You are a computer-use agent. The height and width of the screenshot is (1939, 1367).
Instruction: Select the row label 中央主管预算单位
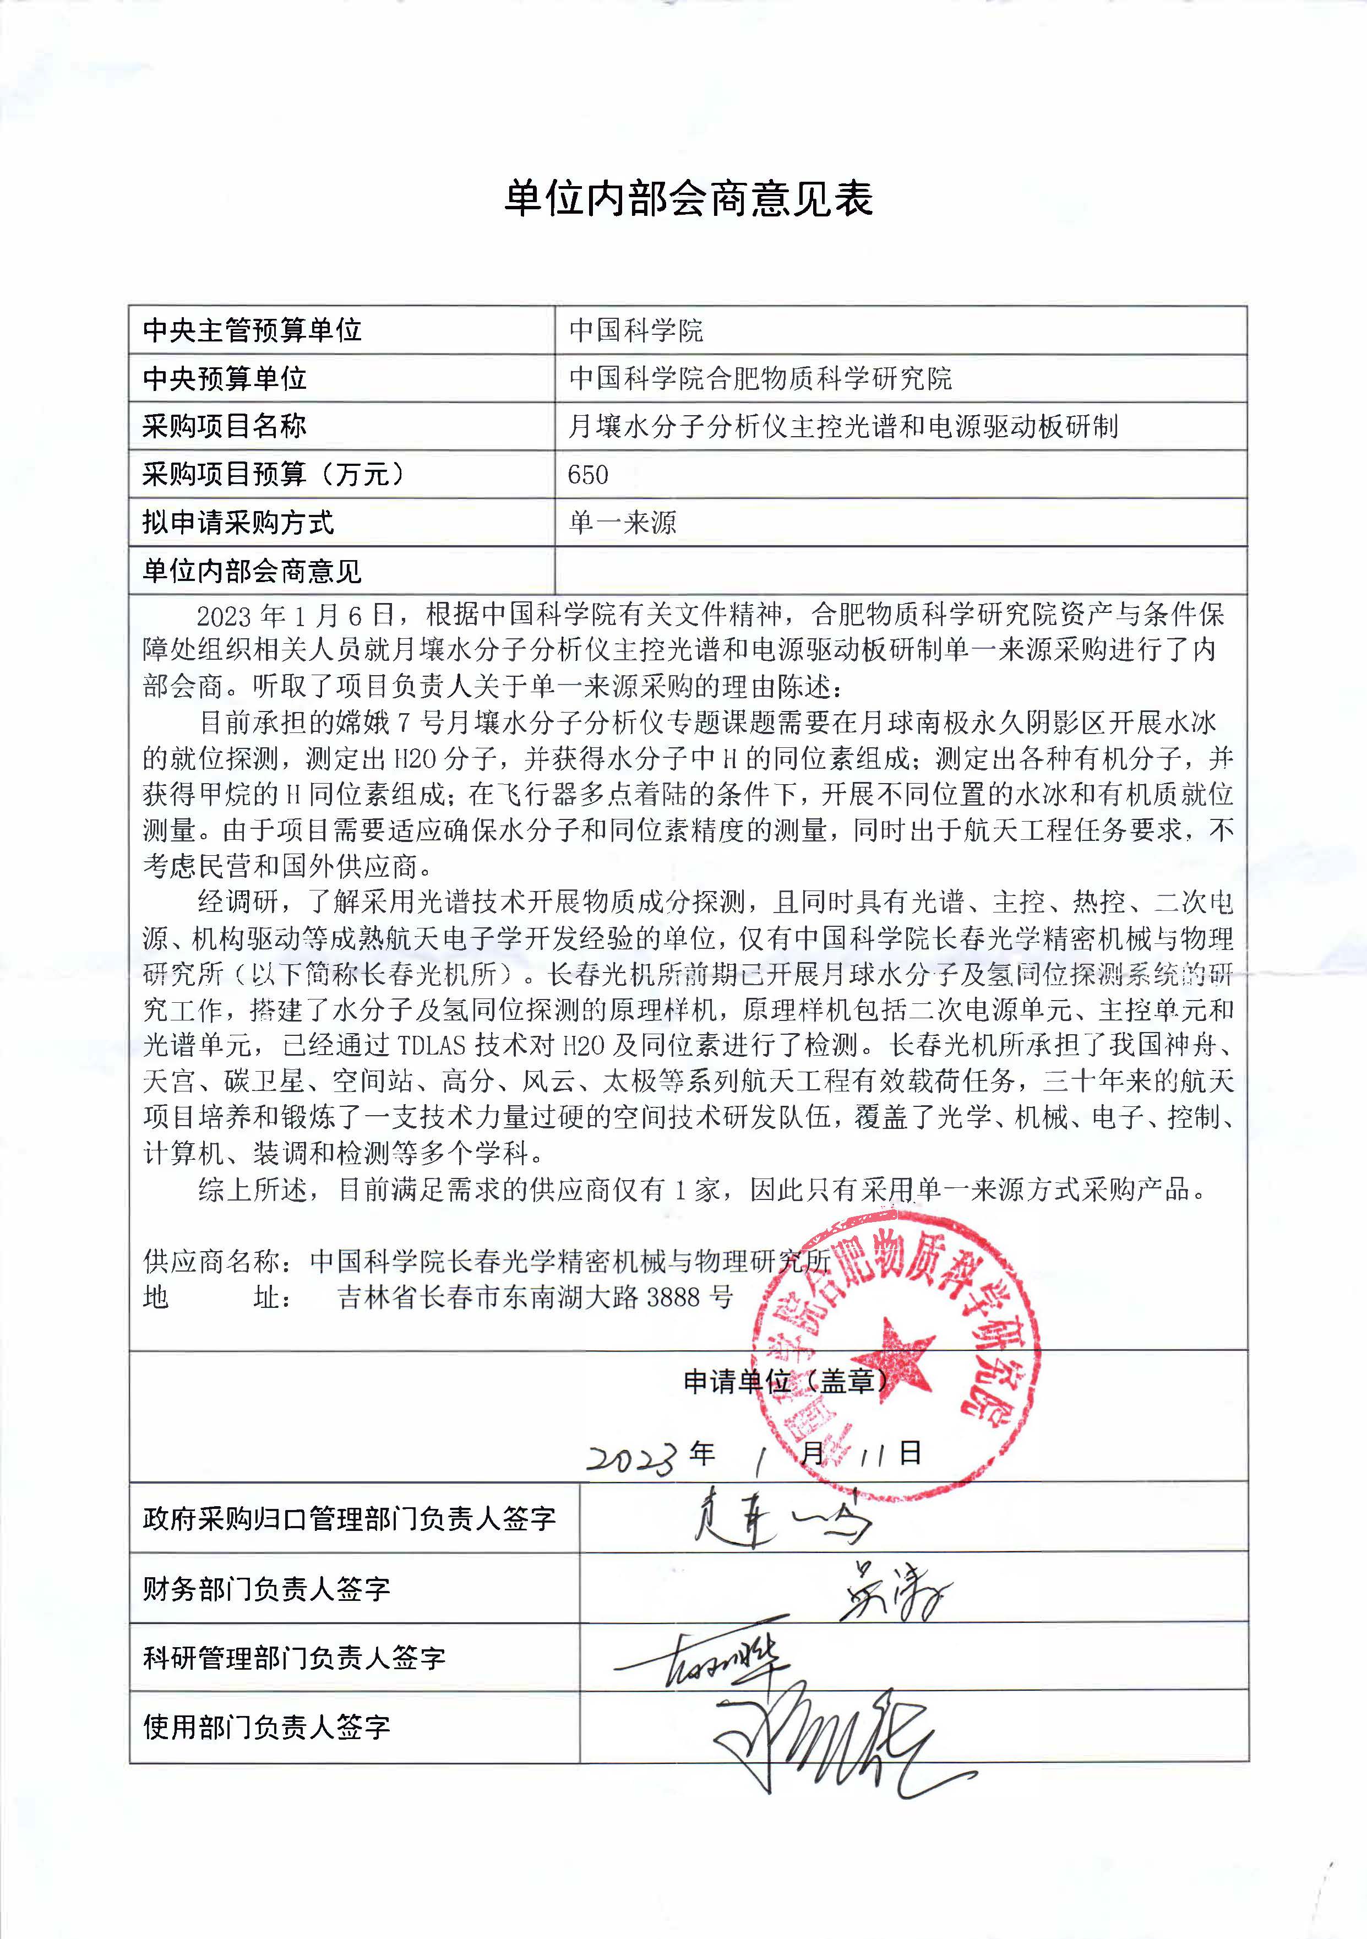252,330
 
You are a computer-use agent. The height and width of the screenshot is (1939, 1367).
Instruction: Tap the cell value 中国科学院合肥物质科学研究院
760,378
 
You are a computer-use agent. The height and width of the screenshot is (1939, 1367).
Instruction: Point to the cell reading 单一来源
622,523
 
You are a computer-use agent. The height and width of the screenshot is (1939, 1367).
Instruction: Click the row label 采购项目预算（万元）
273,475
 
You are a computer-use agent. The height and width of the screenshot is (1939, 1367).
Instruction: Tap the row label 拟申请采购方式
238,523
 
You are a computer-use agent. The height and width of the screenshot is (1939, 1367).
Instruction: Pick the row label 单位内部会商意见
252,572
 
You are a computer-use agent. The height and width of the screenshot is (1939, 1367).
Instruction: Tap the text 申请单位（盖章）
785,1382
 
